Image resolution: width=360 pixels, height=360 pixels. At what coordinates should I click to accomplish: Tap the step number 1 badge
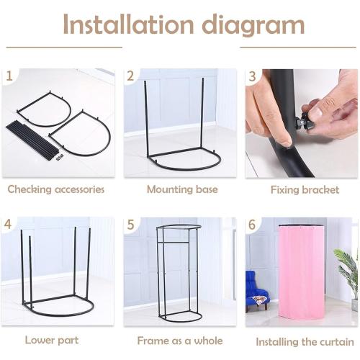click(9, 76)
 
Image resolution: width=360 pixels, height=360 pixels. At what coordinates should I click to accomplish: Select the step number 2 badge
click(130, 76)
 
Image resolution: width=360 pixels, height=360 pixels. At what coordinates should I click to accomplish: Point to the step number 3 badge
click(252, 76)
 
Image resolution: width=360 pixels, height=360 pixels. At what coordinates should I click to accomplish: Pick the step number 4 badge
click(9, 225)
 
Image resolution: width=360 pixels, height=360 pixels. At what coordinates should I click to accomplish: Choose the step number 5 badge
click(130, 225)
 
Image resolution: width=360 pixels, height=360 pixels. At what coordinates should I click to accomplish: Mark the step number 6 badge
click(252, 225)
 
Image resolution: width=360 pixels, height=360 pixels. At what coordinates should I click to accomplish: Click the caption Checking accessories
click(56, 189)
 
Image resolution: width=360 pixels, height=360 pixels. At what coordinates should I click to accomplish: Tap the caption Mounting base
click(178, 189)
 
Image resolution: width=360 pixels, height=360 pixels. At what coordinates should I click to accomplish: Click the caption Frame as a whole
click(179, 340)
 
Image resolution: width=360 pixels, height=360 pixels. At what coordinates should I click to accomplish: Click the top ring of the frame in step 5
click(179, 228)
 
